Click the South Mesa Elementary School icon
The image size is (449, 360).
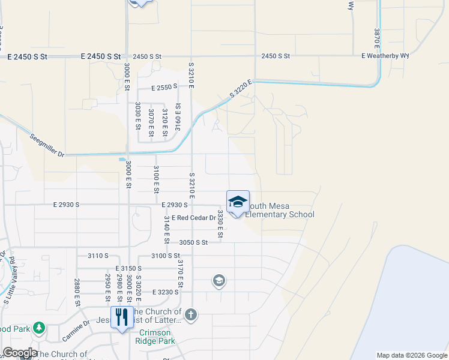pyautogui.click(x=238, y=202)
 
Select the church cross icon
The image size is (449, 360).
pyautogui.click(x=191, y=315)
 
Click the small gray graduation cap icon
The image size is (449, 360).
pyautogui.click(x=218, y=280)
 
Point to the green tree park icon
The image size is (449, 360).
pyautogui.click(x=39, y=328)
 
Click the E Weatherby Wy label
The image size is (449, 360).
pyautogui.click(x=385, y=56)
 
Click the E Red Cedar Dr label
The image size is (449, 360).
pyautogui.click(x=193, y=218)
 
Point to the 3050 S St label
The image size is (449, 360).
pyautogui.click(x=193, y=242)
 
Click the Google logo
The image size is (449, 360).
pyautogui.click(x=20, y=353)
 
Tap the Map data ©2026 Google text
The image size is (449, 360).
pyautogui.click(x=412, y=355)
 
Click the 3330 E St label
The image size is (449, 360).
pyautogui.click(x=220, y=223)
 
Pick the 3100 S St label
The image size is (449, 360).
pyautogui.click(x=166, y=256)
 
